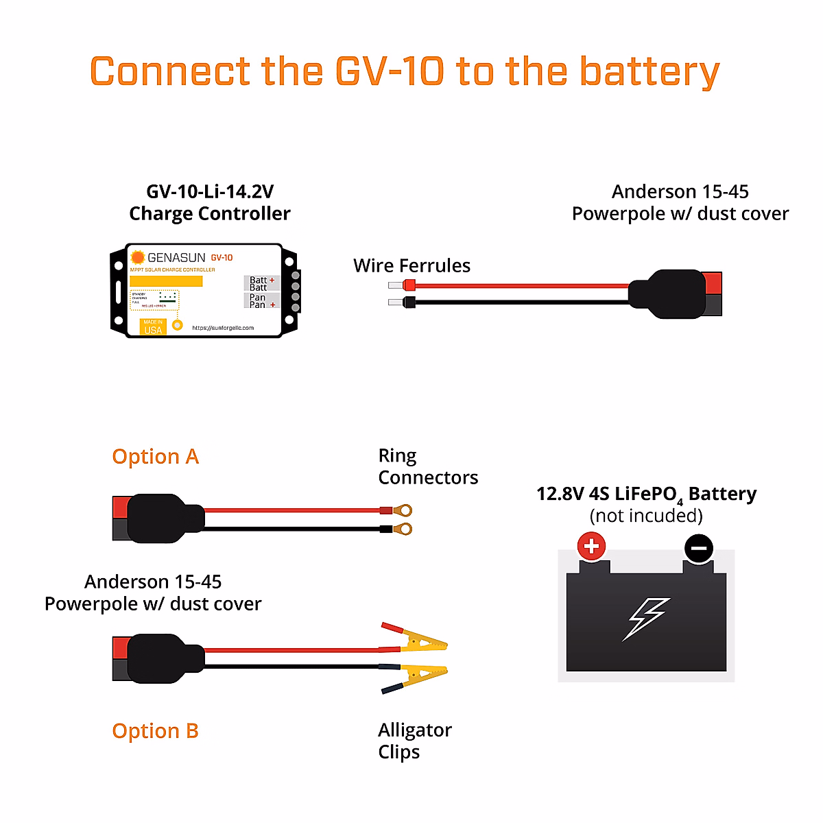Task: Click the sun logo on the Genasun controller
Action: click(x=138, y=257)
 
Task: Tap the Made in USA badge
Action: click(x=153, y=326)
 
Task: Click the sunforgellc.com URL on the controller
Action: click(x=223, y=328)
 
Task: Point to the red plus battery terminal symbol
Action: click(x=591, y=547)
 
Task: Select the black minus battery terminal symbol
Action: click(x=699, y=549)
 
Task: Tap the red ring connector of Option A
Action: click(x=403, y=510)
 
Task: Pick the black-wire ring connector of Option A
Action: click(x=404, y=529)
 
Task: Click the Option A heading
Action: click(x=155, y=457)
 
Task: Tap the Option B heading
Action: click(x=155, y=731)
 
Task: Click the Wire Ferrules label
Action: click(x=411, y=266)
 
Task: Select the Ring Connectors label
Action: click(x=427, y=467)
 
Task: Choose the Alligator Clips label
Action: click(x=414, y=741)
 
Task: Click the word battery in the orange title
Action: click(x=649, y=72)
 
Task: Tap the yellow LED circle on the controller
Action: click(x=178, y=325)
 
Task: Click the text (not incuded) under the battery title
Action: click(x=646, y=516)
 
